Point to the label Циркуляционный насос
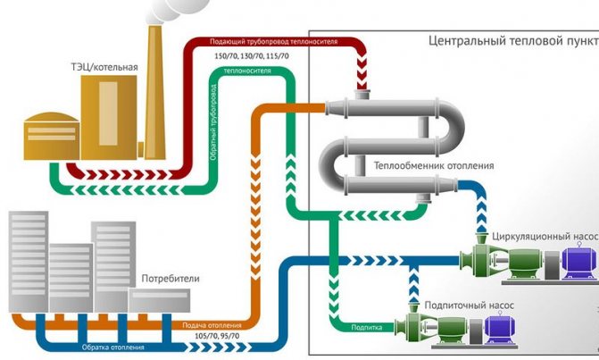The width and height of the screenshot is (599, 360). tap(543, 237)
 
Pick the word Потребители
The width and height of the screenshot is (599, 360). tap(170, 279)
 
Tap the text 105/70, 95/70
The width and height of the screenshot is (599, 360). tap(206, 337)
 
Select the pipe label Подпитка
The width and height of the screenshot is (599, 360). tap(367, 327)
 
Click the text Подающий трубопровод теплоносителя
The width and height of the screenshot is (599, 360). tap(273, 42)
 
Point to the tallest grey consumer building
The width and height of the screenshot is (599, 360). tap(27, 258)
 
